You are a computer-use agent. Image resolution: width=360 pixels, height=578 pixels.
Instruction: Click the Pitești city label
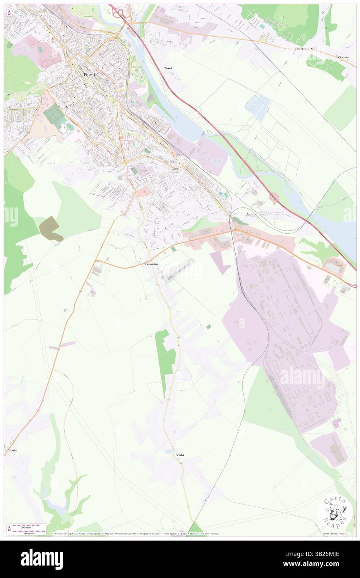click(x=89, y=74)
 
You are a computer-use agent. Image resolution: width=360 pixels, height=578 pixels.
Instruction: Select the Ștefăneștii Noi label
click(x=305, y=49)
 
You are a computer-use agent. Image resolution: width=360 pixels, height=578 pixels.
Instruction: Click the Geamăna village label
click(x=152, y=264)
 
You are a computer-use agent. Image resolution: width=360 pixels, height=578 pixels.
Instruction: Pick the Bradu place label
click(x=180, y=455)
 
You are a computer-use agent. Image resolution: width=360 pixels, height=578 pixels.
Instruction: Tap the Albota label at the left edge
click(x=12, y=450)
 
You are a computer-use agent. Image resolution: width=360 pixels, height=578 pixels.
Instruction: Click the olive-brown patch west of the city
click(x=51, y=228)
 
